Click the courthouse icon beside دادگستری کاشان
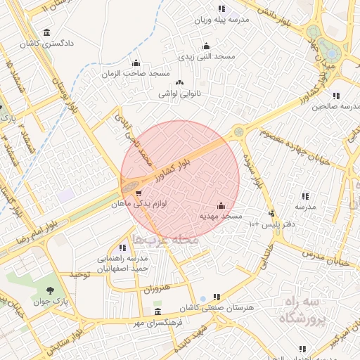coord(46,32)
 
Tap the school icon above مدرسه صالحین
coord(337,96)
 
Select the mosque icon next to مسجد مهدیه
coord(221,205)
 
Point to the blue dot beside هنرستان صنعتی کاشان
coord(203,298)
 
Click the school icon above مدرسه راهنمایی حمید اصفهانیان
coord(122,247)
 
